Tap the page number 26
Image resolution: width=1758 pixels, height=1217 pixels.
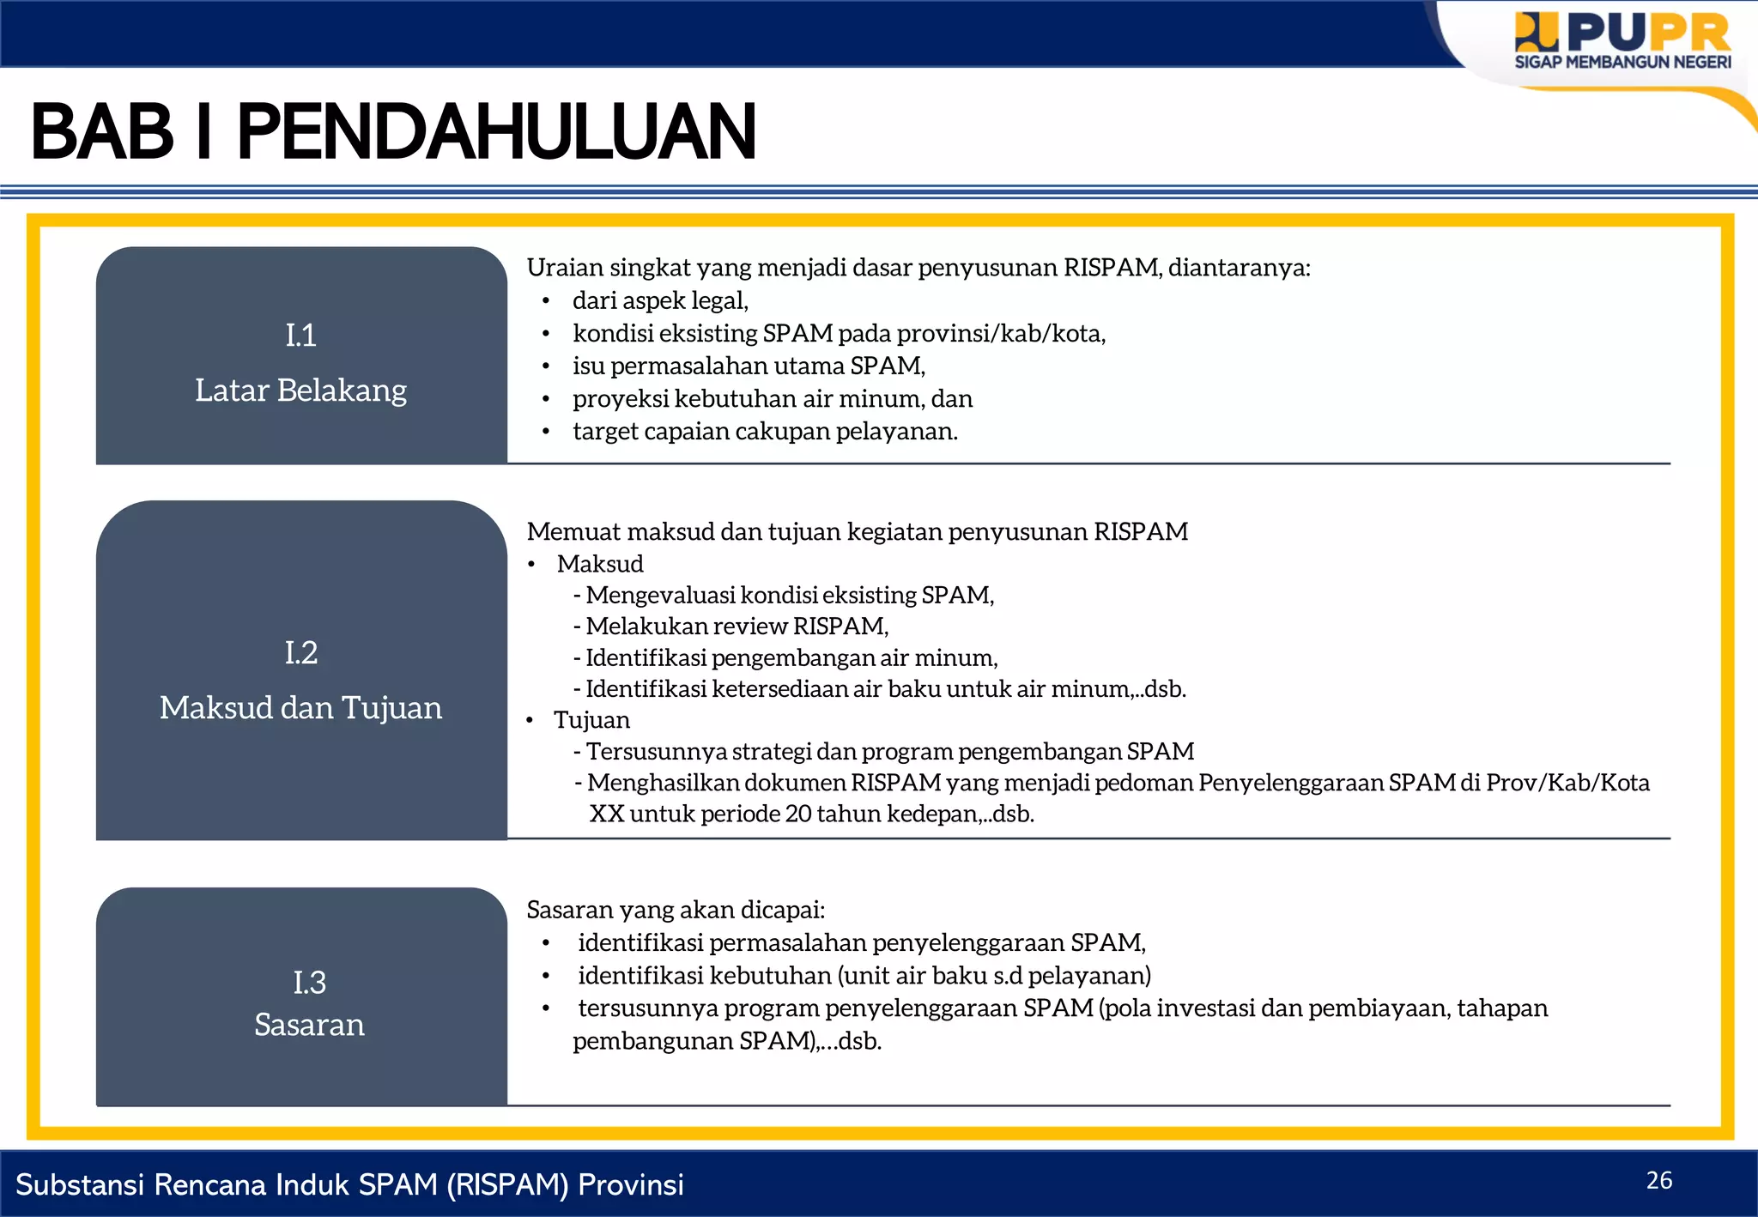(1658, 1181)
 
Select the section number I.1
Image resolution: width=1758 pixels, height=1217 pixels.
(300, 335)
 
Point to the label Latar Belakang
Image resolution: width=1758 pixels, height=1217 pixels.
(300, 391)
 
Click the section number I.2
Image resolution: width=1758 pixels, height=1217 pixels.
(300, 653)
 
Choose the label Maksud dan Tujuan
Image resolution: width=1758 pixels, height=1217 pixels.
(300, 708)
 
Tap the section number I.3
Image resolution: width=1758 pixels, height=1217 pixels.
(309, 982)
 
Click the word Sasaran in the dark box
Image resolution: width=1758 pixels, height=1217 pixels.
(309, 1025)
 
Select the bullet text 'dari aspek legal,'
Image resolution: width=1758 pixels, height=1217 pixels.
(660, 300)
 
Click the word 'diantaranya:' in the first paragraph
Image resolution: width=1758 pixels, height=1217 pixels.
(1239, 268)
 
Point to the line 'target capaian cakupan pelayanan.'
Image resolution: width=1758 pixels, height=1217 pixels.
(765, 431)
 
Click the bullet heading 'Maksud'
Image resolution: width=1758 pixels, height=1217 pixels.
(600, 564)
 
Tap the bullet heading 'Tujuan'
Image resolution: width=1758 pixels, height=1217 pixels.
(591, 720)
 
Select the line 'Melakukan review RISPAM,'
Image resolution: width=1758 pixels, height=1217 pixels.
(737, 627)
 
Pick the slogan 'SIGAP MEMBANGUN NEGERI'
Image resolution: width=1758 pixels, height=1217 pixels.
(1622, 63)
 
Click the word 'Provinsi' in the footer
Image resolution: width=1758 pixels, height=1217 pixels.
(631, 1184)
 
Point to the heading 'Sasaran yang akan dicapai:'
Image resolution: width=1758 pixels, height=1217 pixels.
(676, 910)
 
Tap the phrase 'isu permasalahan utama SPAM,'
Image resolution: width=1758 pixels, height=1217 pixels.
(749, 366)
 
